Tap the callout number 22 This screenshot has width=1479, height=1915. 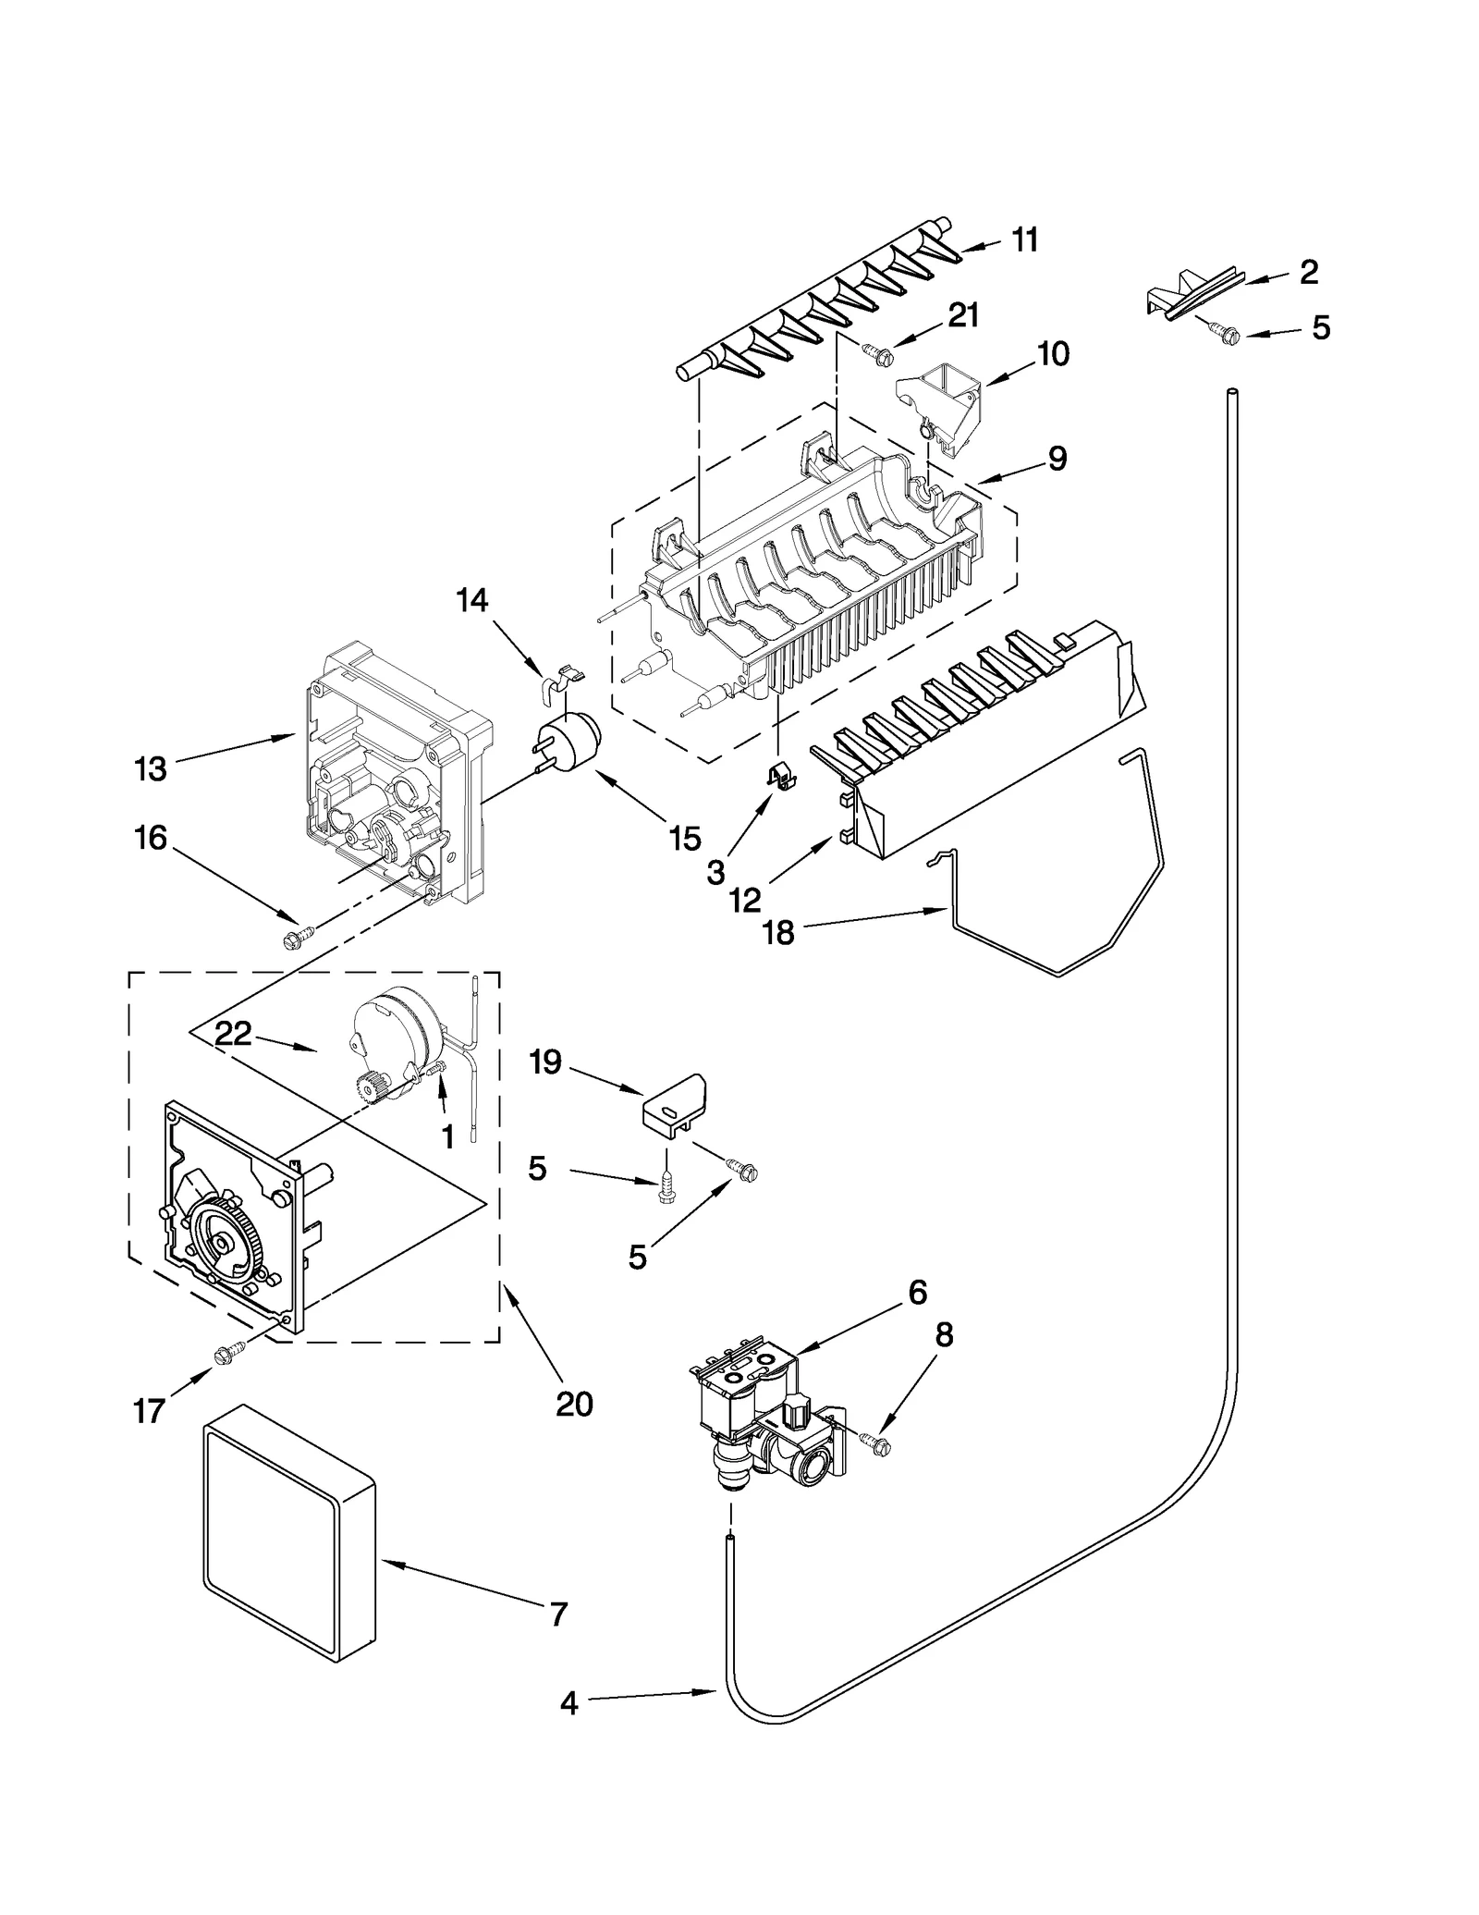[233, 1033]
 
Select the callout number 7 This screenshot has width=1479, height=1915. [557, 1614]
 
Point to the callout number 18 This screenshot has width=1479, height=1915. [778, 933]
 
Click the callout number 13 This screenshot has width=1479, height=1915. [151, 768]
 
